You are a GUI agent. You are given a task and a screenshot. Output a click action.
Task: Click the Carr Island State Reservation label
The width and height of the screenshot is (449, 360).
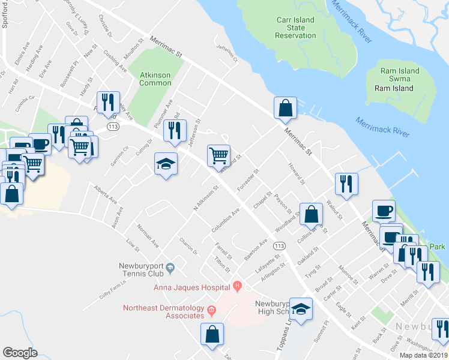click(295, 28)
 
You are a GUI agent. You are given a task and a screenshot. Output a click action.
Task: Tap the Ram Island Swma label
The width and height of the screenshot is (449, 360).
click(400, 75)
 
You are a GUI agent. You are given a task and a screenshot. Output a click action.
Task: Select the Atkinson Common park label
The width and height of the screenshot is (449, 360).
click(155, 79)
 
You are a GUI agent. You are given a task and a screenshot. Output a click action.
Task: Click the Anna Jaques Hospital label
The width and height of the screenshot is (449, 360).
click(193, 286)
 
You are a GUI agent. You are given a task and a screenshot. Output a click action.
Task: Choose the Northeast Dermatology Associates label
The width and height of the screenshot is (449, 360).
click(163, 311)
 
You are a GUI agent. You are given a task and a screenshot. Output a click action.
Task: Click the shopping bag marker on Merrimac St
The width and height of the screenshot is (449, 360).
click(286, 108)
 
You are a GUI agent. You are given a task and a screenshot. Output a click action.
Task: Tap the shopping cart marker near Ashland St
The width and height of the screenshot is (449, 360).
click(218, 155)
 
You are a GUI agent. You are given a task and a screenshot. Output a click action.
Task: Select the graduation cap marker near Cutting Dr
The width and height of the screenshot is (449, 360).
click(164, 164)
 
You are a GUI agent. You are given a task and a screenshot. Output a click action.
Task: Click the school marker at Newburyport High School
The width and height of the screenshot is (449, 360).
click(301, 308)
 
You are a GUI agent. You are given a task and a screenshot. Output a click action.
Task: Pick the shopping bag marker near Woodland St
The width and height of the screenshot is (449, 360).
click(311, 214)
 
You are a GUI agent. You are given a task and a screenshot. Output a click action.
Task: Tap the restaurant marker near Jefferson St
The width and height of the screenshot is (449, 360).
click(175, 130)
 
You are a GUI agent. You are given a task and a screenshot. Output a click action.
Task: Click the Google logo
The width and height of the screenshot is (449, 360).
click(20, 352)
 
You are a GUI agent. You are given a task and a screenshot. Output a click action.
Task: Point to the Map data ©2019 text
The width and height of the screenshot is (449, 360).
click(423, 355)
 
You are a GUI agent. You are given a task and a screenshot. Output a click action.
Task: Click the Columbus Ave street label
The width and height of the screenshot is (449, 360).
click(226, 220)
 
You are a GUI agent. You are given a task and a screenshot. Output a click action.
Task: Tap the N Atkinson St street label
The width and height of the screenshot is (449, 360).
click(205, 197)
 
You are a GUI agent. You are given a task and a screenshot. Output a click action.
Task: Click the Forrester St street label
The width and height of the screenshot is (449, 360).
click(247, 180)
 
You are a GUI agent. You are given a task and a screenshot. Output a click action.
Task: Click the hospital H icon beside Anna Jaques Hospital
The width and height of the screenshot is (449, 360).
click(238, 286)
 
